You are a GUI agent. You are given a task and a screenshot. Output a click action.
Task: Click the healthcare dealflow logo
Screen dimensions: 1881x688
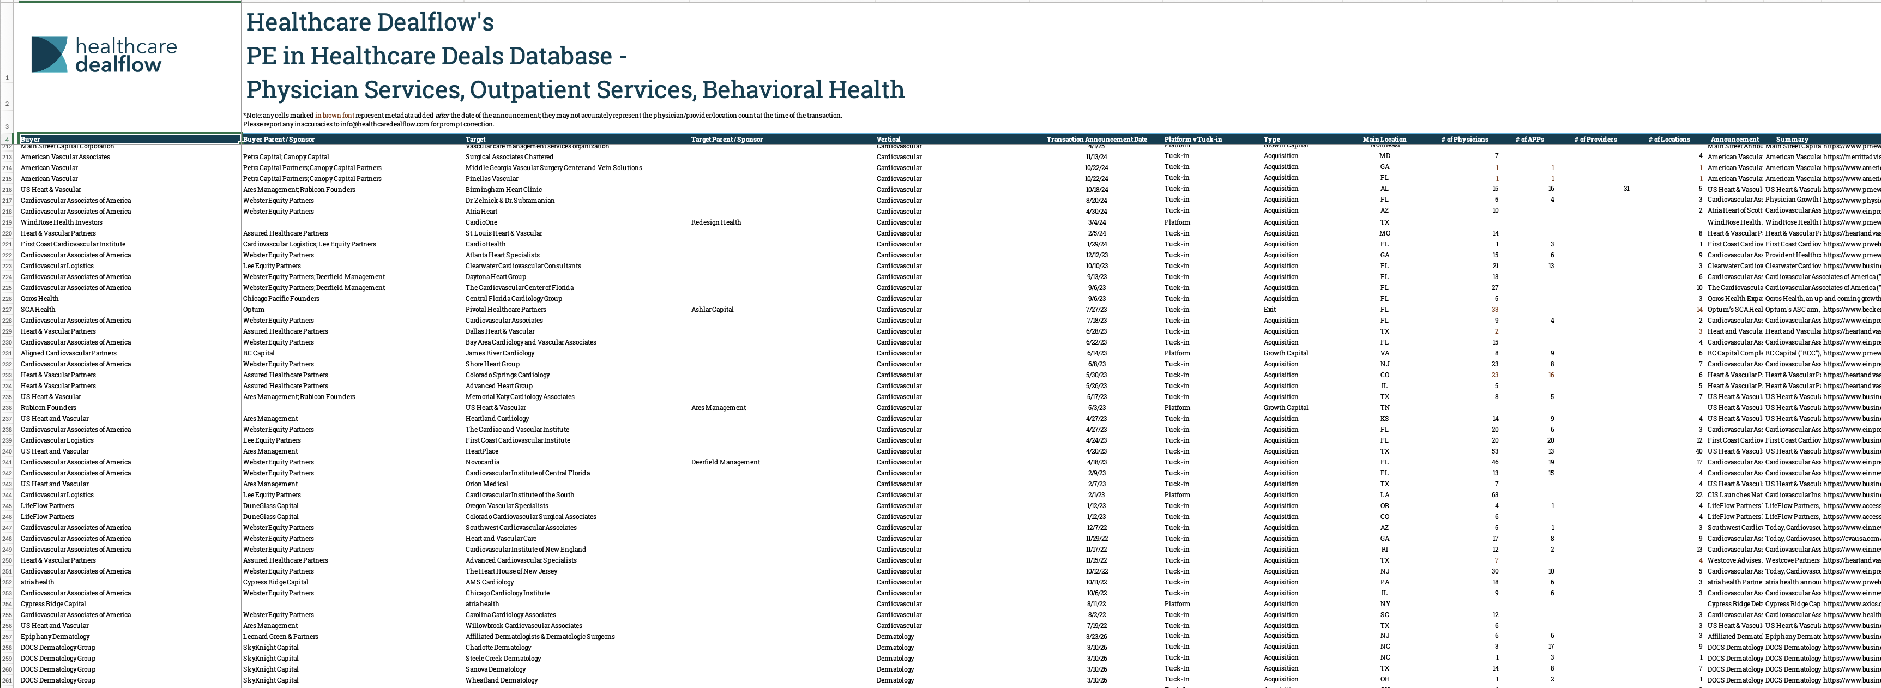click(x=104, y=55)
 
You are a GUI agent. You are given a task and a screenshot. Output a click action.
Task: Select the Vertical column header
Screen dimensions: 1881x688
click(x=888, y=140)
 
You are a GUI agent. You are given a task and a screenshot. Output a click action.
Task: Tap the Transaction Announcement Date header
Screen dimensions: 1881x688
click(x=1096, y=140)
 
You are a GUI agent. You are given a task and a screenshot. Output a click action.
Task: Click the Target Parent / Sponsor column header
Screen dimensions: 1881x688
click(x=727, y=140)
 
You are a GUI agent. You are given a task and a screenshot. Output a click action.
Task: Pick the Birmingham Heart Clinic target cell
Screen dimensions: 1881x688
click(x=503, y=190)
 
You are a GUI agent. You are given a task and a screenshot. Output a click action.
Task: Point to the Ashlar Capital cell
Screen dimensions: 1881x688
click(x=712, y=310)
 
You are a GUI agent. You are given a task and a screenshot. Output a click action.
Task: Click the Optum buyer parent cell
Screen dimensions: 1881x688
click(x=254, y=310)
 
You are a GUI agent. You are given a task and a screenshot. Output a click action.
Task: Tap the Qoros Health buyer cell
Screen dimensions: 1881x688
click(x=39, y=299)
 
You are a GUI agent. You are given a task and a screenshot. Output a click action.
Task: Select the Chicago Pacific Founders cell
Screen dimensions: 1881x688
click(x=281, y=299)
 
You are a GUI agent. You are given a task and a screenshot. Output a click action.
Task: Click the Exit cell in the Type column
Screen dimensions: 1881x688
click(x=1270, y=310)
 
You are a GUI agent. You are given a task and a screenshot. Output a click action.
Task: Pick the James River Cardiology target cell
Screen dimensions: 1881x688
click(x=499, y=353)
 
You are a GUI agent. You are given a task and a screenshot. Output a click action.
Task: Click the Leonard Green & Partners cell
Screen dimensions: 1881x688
click(x=280, y=637)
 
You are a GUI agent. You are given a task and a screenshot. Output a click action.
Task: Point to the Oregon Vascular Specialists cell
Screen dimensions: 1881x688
click(x=507, y=506)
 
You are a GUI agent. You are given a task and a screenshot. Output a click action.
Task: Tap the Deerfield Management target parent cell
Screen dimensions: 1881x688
click(x=725, y=462)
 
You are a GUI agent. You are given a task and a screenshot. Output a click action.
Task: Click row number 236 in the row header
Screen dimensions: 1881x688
click(x=7, y=408)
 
